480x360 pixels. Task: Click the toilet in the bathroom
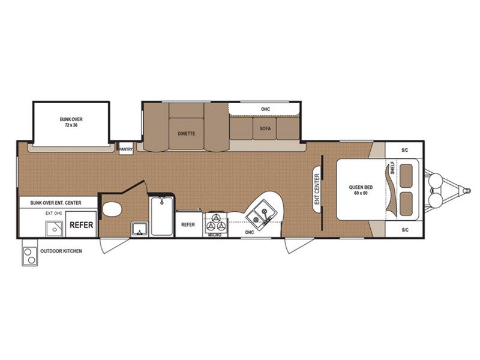[x=112, y=209]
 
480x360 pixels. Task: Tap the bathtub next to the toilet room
[x=161, y=216]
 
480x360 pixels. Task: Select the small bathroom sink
[x=139, y=229]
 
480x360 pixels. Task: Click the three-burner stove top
[x=215, y=223]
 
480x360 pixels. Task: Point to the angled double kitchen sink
[x=261, y=213]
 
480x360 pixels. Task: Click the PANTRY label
[x=126, y=149]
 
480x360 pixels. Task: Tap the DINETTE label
[x=187, y=134]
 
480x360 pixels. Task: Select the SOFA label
[x=265, y=128]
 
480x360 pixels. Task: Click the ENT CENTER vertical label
[x=317, y=189]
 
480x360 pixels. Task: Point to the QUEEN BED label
[x=361, y=190]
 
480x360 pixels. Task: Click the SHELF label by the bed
[x=392, y=168]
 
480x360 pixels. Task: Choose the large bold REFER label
[x=81, y=225]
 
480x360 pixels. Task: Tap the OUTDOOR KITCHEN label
[x=61, y=251]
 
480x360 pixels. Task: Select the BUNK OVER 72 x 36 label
[x=71, y=122]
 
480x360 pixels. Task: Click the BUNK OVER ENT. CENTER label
[x=56, y=203]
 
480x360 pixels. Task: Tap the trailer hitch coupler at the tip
[x=467, y=191]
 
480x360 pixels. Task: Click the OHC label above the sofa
[x=265, y=109]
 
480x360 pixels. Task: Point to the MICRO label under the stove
[x=215, y=235]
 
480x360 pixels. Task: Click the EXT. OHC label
[x=54, y=213]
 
